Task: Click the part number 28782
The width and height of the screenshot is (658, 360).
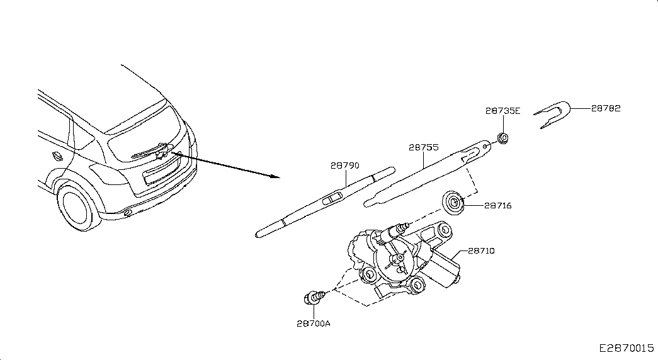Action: [606, 108]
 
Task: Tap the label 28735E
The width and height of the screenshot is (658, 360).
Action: [502, 111]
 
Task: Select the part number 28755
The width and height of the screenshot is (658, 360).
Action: [424, 147]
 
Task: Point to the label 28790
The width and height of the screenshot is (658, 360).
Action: [345, 166]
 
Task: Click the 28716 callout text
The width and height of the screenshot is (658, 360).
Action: [497, 206]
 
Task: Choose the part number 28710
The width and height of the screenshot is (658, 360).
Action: [481, 251]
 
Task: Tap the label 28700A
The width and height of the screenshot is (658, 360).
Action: [314, 323]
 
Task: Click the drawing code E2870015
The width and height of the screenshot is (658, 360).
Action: [627, 348]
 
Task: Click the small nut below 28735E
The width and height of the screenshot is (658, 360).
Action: [502, 138]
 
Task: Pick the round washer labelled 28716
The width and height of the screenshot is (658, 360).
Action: [453, 203]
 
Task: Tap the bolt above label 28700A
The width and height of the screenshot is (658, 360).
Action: [314, 298]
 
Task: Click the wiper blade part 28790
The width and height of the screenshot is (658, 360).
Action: [326, 202]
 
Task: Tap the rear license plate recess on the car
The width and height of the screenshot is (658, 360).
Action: [162, 173]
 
